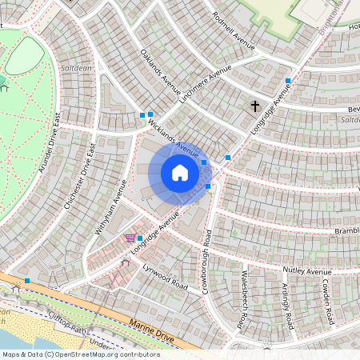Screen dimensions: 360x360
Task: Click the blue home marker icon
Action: tap(180, 173)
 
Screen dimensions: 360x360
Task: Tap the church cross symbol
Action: tap(255, 106)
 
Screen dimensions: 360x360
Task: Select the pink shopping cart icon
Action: tap(130, 238)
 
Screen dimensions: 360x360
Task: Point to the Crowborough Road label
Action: tap(207, 261)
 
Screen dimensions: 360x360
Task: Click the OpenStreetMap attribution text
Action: tap(81, 354)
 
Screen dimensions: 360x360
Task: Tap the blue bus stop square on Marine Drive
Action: tap(27, 280)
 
